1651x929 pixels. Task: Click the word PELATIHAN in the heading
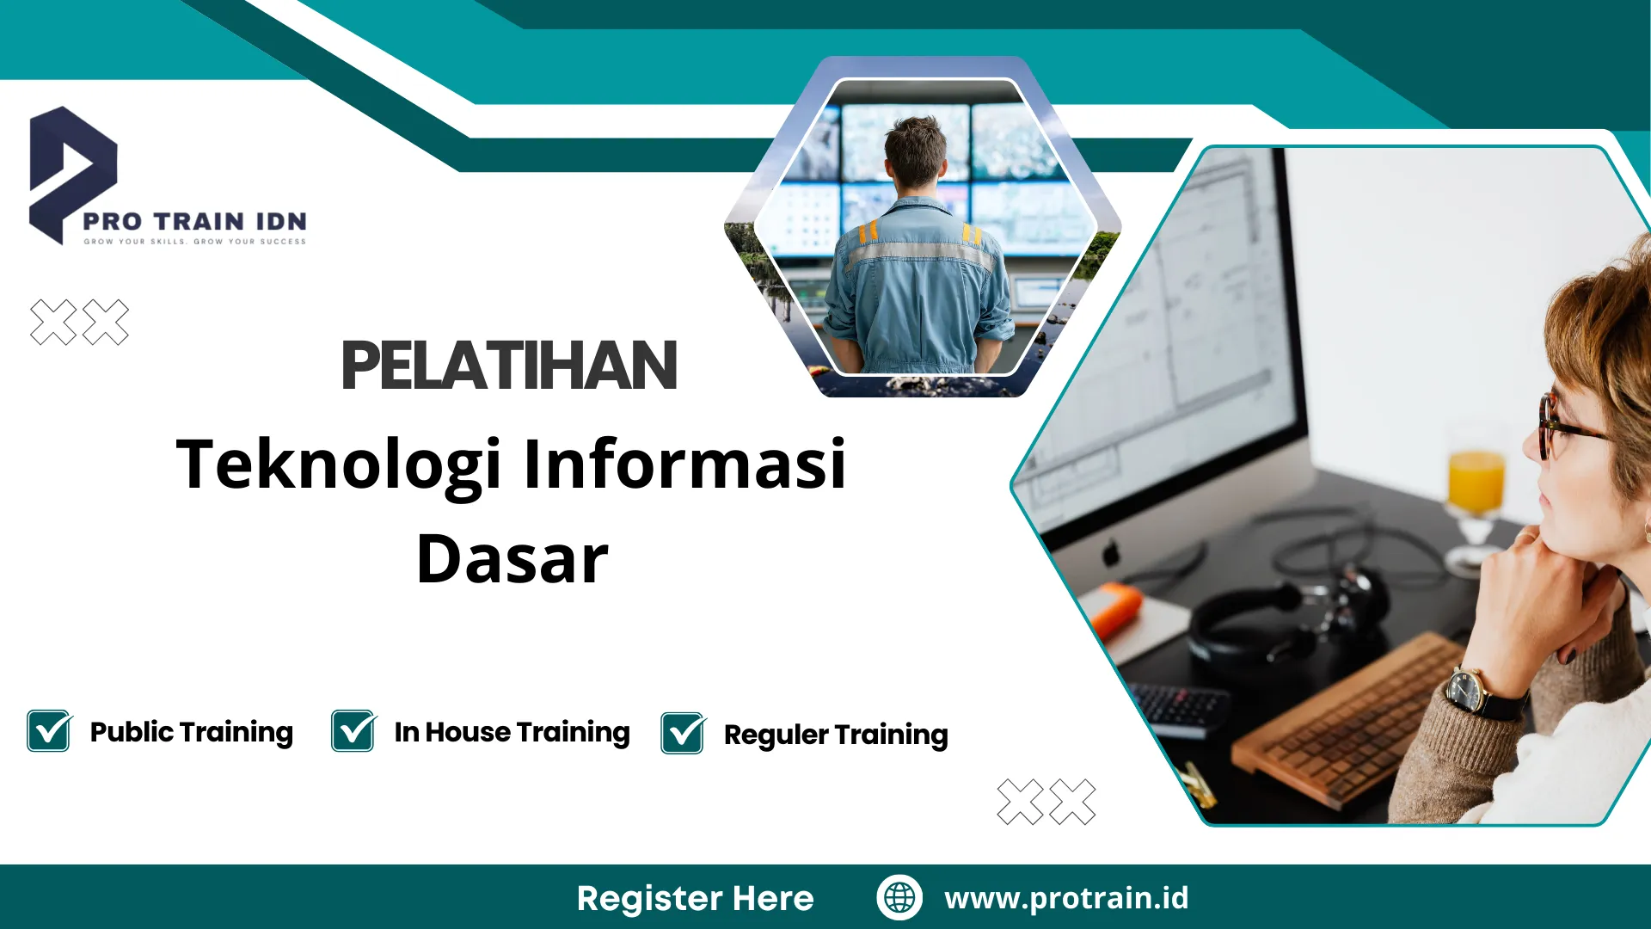click(x=509, y=366)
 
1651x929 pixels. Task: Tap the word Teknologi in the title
click(x=339, y=465)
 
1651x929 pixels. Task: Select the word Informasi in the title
click(x=684, y=464)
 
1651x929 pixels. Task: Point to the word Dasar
click(x=512, y=560)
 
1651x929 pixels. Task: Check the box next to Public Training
click(x=49, y=731)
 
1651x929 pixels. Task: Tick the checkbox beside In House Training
click(x=353, y=731)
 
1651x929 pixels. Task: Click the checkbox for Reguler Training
click(x=683, y=734)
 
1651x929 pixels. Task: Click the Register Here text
click(x=695, y=898)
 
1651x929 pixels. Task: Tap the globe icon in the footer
click(x=899, y=897)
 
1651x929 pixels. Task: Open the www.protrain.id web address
click(x=1066, y=898)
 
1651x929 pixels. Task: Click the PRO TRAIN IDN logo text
click(x=195, y=222)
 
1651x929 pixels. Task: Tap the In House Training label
click(x=512, y=732)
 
